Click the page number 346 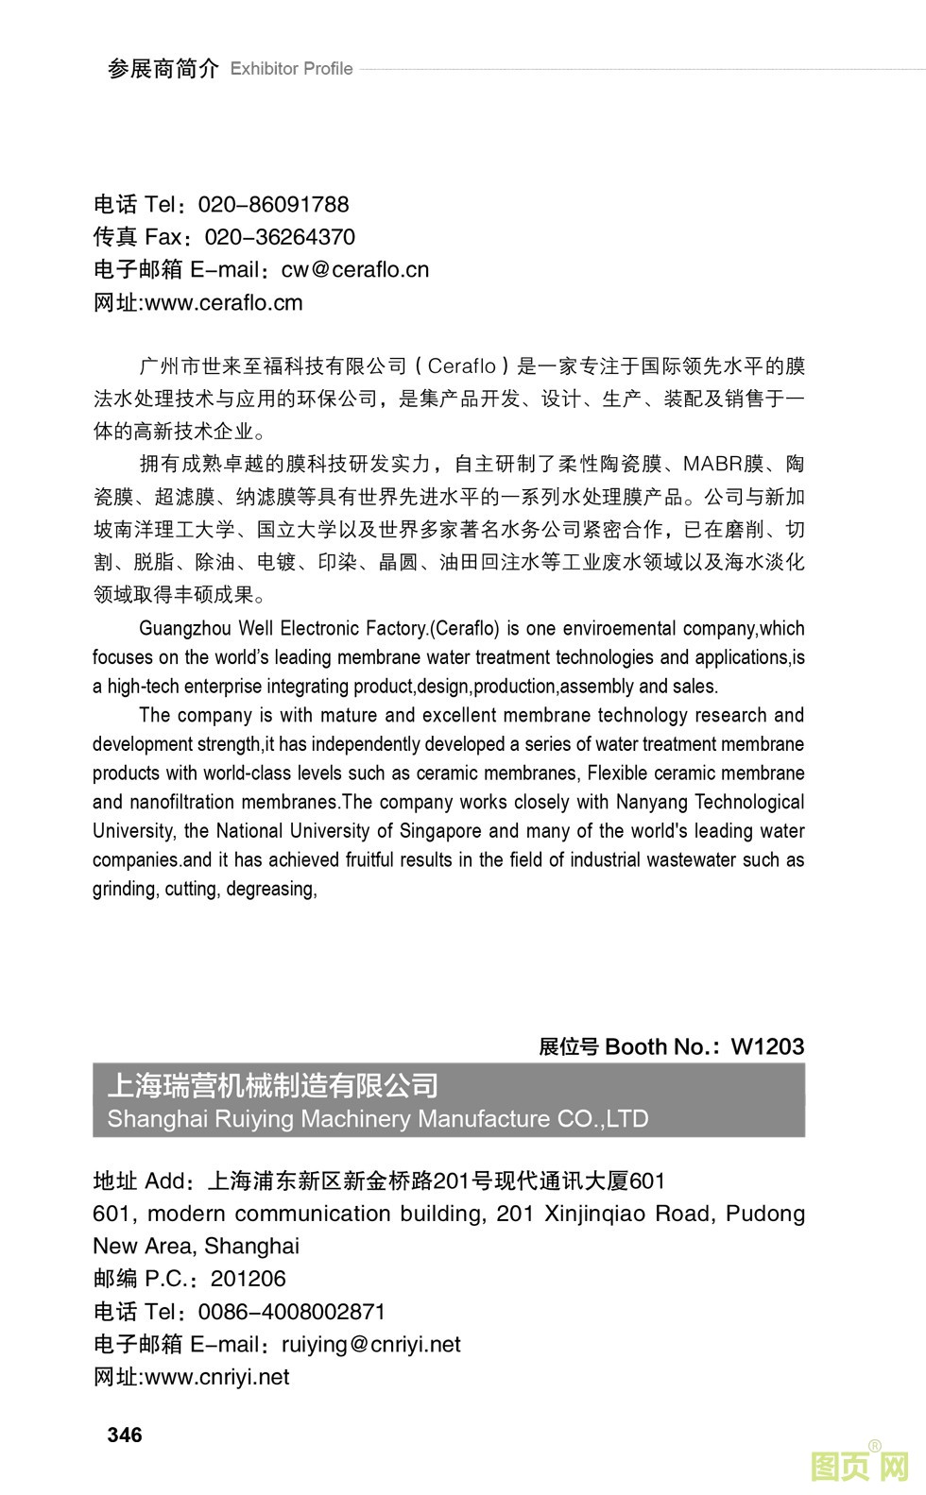pos(125,1435)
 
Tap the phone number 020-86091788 pos(273,204)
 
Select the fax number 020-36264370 pos(280,237)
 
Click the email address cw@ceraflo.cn pos(355,270)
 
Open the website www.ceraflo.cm pos(224,303)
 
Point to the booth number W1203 pos(767,1046)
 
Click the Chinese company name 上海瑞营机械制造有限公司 pos(273,1085)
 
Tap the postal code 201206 pos(248,1279)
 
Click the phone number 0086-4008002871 pos(292,1312)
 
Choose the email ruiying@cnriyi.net pos(371,1344)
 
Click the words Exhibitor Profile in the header pos(291,69)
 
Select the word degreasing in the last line pos(271,889)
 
